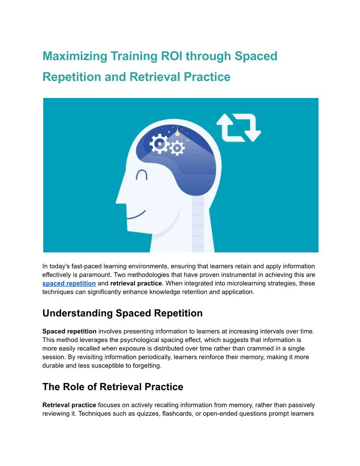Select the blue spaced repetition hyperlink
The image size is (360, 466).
tap(69, 283)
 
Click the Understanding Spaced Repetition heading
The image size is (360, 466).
tap(122, 313)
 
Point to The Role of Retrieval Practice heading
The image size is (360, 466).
tap(113, 387)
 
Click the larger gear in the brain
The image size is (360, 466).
tap(160, 144)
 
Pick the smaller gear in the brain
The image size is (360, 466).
tap(177, 148)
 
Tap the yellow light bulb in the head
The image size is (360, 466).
tap(177, 133)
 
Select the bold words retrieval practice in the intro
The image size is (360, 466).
tap(136, 283)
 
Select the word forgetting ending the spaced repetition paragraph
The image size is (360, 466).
tap(146, 365)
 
